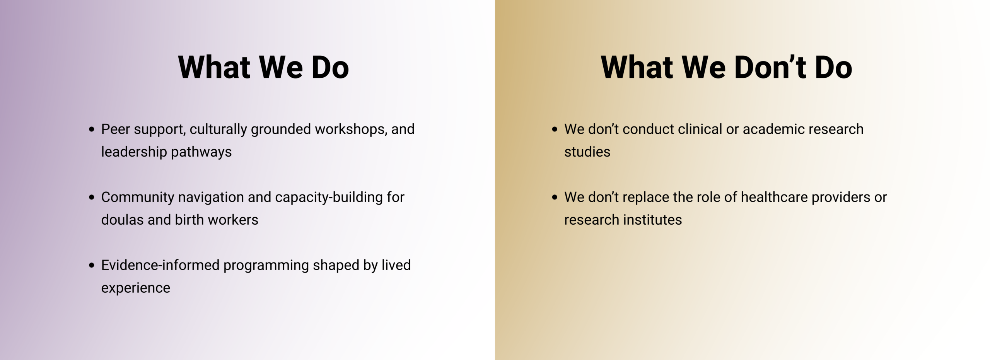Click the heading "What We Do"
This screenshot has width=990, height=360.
263,67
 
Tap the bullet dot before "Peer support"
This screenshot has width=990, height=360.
92,129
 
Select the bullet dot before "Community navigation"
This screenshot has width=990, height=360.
92,197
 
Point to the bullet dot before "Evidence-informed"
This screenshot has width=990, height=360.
92,265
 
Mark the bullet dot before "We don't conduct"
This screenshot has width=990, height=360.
555,129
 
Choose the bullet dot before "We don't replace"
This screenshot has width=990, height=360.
555,197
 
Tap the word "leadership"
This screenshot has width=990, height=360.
134,152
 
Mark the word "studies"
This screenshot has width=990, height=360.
587,152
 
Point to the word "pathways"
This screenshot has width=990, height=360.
201,152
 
